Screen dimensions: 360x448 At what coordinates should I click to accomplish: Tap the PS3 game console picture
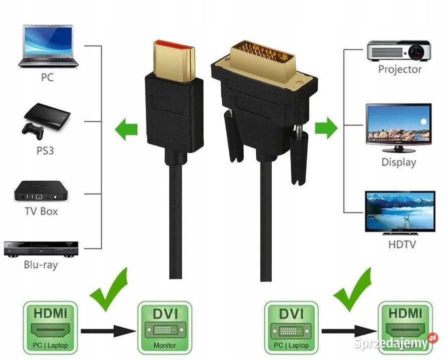(46, 120)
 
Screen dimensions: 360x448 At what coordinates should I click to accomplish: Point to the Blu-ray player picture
(42, 248)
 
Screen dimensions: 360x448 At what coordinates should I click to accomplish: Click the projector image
(398, 50)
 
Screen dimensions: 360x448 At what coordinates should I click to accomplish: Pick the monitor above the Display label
(398, 127)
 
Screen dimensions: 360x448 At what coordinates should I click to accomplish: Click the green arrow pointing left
(126, 130)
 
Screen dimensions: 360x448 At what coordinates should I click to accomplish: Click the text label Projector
(399, 69)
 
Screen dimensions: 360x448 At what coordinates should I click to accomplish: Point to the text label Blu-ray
(41, 265)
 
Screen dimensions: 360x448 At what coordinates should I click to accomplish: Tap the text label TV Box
(41, 211)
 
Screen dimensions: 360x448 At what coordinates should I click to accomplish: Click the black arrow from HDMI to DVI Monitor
(107, 330)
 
